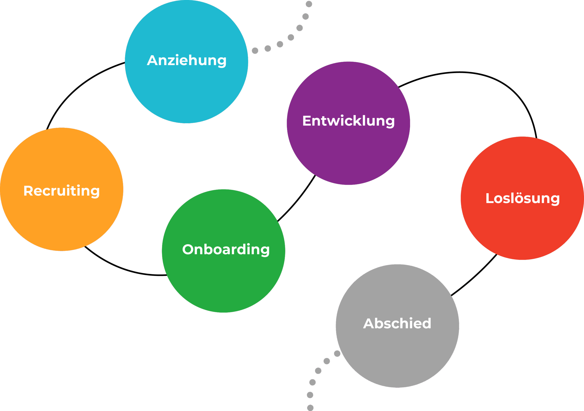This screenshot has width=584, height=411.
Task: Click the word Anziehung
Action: click(x=186, y=60)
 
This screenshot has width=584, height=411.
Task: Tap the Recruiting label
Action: click(x=62, y=191)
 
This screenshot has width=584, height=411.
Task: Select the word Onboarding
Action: click(x=226, y=249)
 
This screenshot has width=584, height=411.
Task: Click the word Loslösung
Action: click(x=522, y=198)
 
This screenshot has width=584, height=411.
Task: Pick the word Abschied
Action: click(x=397, y=323)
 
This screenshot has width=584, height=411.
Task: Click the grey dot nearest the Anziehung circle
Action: click(x=255, y=51)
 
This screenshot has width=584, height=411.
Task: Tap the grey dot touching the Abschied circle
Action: click(x=337, y=354)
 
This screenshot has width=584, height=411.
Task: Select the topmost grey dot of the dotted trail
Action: click(x=309, y=4)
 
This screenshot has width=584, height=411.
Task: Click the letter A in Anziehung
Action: click(x=153, y=60)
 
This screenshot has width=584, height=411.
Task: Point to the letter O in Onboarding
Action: click(x=188, y=249)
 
